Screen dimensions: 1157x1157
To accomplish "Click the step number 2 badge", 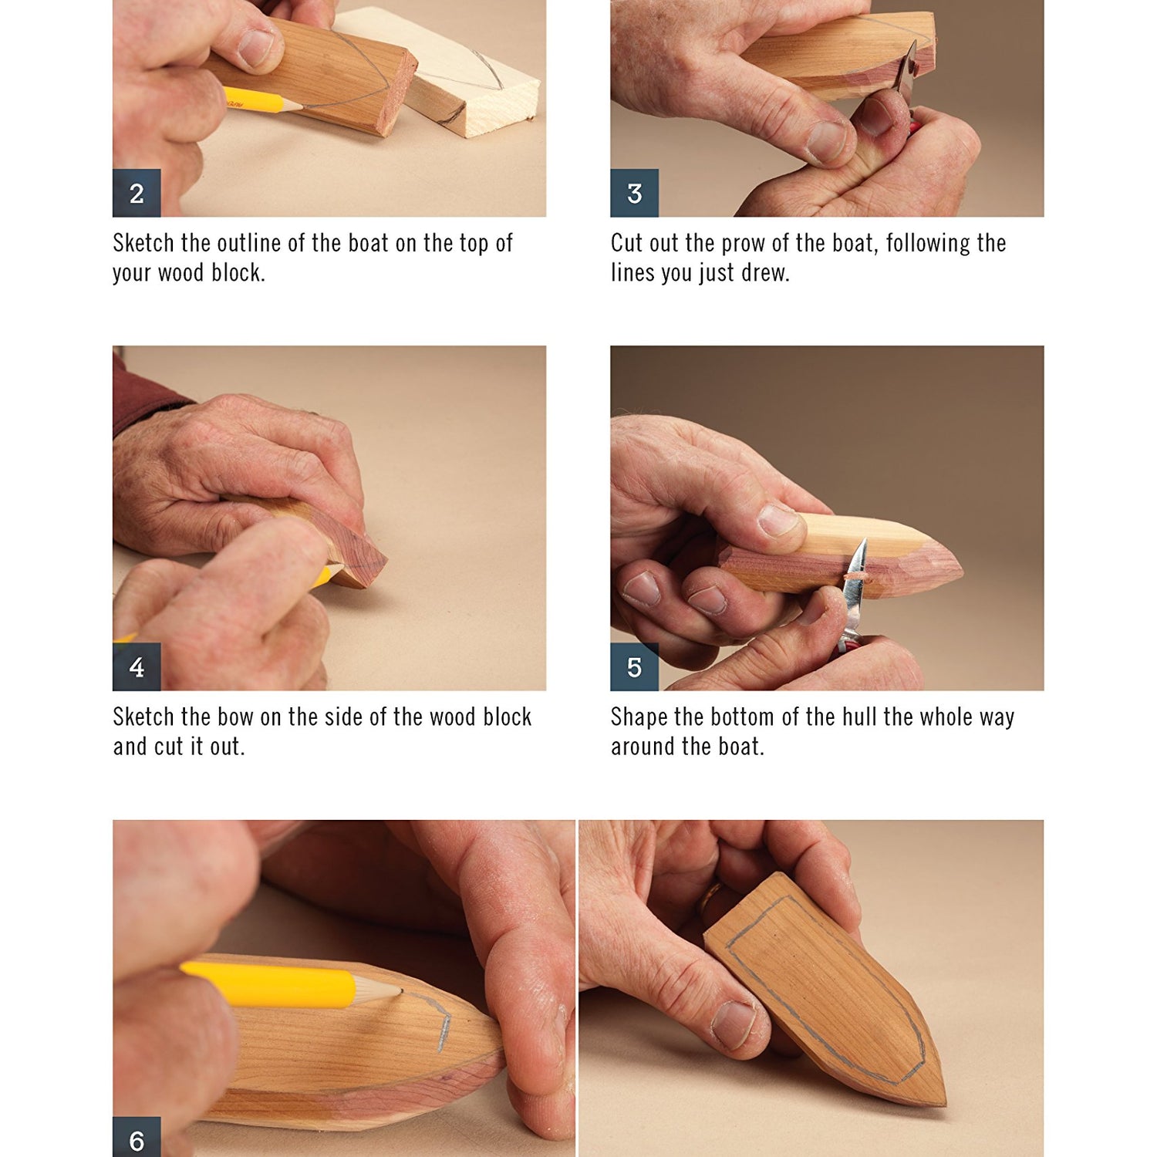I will [x=137, y=193].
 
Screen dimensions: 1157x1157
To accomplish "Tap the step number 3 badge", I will [x=634, y=193].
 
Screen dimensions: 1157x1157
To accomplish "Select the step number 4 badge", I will [x=137, y=666].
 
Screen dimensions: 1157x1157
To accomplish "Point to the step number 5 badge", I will [x=634, y=666].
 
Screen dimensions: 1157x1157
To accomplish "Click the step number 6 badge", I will [x=137, y=1138].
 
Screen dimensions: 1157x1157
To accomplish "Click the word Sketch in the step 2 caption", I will [x=143, y=244].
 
